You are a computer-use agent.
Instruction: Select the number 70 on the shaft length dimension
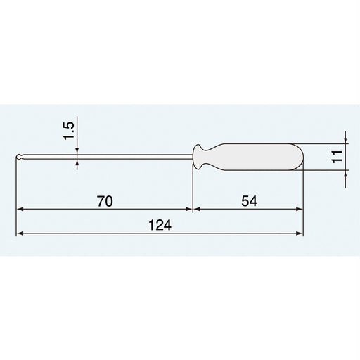pyautogui.click(x=104, y=200)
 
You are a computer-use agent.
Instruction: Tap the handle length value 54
pyautogui.click(x=248, y=200)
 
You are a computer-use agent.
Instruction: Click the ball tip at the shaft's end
pyautogui.click(x=19, y=157)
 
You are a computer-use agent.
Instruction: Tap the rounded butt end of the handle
pyautogui.click(x=301, y=157)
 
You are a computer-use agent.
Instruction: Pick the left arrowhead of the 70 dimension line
pyautogui.click(x=20, y=209)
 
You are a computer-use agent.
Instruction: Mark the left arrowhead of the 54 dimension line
pyautogui.click(x=196, y=209)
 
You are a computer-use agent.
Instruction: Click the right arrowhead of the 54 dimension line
pyautogui.click(x=300, y=209)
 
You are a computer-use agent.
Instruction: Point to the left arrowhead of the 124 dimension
pyautogui.click(x=20, y=233)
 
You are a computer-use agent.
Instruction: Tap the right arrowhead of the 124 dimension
pyautogui.click(x=300, y=233)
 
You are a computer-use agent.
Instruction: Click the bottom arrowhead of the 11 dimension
pyautogui.click(x=346, y=174)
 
